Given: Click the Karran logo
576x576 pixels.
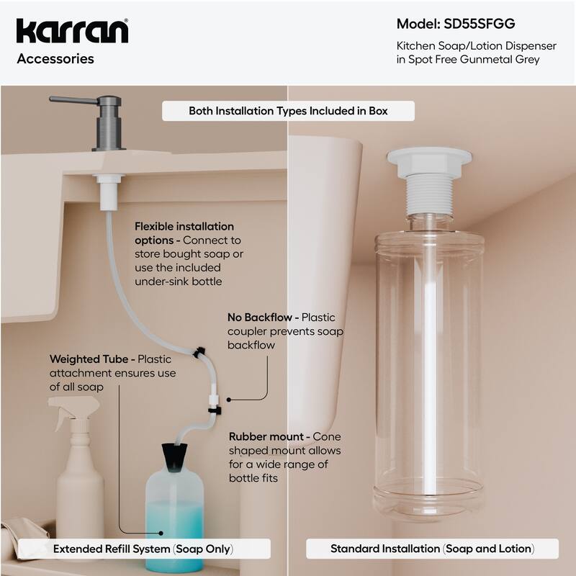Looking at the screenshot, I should point(72,31).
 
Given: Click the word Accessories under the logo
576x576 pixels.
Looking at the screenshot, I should point(55,59).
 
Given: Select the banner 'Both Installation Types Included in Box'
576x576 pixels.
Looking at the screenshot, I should point(288,111).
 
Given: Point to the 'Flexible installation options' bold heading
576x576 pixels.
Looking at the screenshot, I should point(184,233).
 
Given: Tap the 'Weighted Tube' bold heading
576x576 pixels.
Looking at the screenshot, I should point(91,359).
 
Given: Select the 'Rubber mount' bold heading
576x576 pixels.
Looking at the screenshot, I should point(269,436).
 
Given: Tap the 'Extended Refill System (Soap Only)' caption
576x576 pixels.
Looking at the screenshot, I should point(143,549).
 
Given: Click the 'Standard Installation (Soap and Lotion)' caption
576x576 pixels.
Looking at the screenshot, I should point(432,549).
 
